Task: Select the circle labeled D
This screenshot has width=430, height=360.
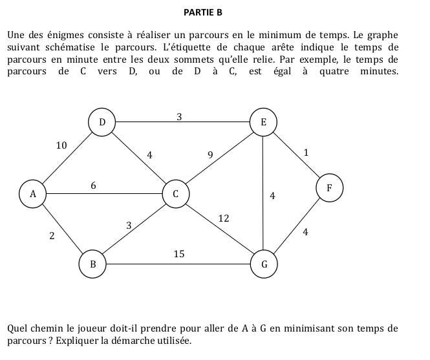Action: (102, 122)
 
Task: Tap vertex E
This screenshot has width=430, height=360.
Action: (263, 122)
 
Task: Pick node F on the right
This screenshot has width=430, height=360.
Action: (329, 188)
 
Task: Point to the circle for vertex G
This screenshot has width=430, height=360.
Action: (263, 264)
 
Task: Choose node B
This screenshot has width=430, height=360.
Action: (92, 264)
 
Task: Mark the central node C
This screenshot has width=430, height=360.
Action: (175, 193)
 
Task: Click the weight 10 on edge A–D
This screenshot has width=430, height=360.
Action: (61, 145)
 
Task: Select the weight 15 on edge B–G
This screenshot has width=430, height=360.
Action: (179, 255)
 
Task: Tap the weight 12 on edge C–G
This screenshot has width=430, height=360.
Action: (224, 218)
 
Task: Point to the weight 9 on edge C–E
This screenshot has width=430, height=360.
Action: (210, 154)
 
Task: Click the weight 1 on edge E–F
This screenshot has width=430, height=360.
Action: (306, 153)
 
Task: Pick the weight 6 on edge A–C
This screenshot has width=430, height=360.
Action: (93, 185)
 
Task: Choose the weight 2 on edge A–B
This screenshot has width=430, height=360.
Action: (51, 237)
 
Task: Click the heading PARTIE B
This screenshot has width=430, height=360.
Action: (203, 13)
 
